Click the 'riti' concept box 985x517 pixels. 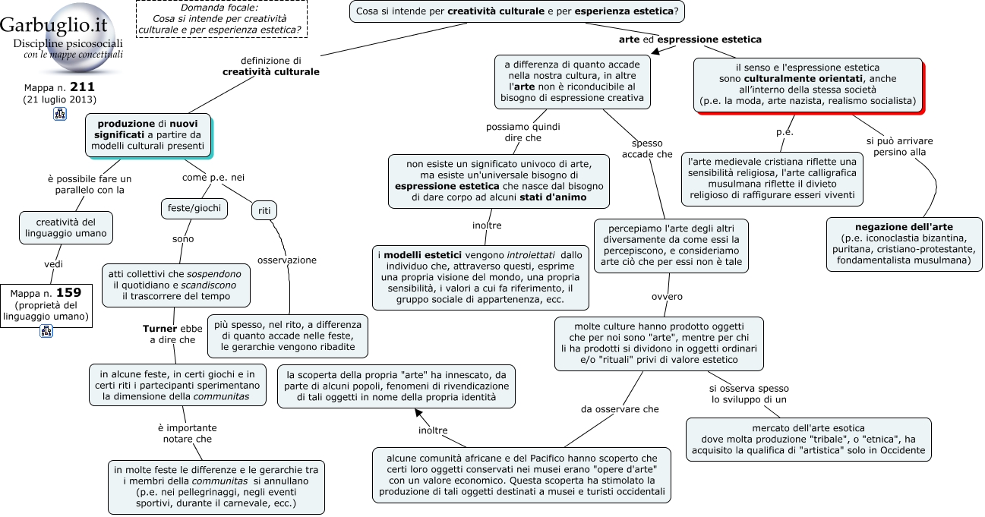tap(264, 210)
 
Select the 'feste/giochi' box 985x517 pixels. tap(194, 208)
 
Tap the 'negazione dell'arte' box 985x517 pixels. tap(904, 244)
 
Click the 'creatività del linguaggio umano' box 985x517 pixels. tap(66, 228)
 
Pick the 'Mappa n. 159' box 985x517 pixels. tap(46, 305)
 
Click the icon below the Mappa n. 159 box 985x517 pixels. tap(46, 331)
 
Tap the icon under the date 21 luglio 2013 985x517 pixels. tap(60, 114)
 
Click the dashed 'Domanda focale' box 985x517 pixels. tap(222, 19)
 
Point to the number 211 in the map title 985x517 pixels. tap(82, 87)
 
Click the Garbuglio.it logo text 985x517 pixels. tap(54, 24)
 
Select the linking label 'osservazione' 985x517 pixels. tap(287, 260)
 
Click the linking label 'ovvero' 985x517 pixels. tap(667, 297)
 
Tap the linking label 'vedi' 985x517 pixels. tap(54, 264)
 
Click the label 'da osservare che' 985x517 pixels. tap(620, 409)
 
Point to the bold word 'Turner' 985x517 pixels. tap(160, 329)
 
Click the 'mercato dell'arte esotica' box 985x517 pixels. tap(808, 440)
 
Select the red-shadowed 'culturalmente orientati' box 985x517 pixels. tap(808, 84)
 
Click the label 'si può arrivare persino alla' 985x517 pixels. tap(899, 147)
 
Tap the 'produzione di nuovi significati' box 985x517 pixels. tap(148, 135)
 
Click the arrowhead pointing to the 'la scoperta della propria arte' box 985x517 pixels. tap(418, 413)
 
